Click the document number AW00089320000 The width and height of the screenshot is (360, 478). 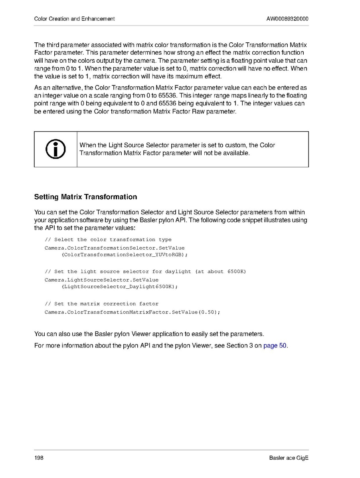tap(287, 19)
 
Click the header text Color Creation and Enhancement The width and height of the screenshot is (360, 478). tap(75, 19)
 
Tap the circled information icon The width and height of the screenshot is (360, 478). tap(55, 149)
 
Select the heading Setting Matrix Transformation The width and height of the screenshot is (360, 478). tap(85, 197)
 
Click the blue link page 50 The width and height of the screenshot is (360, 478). tap(275, 345)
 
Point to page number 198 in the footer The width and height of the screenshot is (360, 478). tap(39, 458)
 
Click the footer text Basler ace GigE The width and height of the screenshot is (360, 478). tap(289, 458)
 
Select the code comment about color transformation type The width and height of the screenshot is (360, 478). tap(108, 240)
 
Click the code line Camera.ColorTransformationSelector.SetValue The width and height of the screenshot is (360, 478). tap(115, 248)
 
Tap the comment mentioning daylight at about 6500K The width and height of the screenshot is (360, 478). tap(145, 272)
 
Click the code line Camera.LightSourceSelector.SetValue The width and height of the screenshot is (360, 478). tap(101, 280)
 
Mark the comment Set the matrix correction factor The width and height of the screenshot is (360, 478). tap(101, 304)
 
